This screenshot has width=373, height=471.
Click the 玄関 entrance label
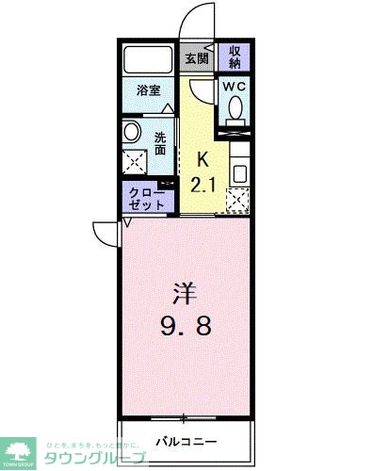tap(197, 58)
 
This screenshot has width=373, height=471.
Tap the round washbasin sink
tap(132, 132)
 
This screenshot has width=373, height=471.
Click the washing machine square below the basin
tap(134, 162)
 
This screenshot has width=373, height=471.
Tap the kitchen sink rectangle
tap(238, 174)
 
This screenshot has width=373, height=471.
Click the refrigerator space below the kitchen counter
tap(238, 200)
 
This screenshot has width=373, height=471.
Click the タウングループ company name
tap(94, 456)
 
